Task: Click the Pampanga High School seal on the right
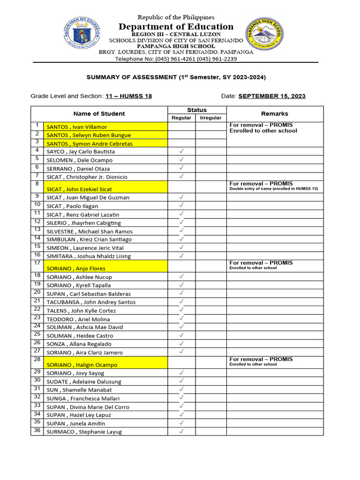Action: [264, 35]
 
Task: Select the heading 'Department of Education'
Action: [176, 27]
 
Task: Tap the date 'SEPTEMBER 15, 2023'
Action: [272, 96]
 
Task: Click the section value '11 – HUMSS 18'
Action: [128, 96]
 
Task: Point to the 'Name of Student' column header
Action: [99, 113]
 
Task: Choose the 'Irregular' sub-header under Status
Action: [210, 118]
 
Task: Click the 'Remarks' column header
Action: [275, 113]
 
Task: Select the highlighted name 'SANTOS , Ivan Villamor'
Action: [77, 127]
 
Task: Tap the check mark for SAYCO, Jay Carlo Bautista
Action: [181, 151]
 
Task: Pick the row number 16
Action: [37, 255]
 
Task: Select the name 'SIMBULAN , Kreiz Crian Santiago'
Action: [89, 240]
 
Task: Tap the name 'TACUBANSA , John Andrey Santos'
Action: [91, 302]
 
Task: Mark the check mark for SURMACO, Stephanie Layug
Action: [181, 431]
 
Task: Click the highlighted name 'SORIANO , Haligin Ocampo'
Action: [82, 365]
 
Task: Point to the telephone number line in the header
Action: [176, 59]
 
